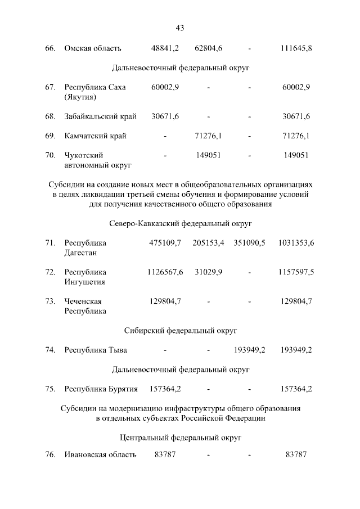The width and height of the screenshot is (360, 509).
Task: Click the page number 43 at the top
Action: (x=180, y=28)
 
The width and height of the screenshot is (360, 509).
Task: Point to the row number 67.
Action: (x=50, y=87)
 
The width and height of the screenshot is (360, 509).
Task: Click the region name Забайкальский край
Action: (x=101, y=116)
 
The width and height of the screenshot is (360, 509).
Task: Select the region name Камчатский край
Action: (x=95, y=136)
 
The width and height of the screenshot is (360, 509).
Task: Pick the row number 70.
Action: (x=50, y=155)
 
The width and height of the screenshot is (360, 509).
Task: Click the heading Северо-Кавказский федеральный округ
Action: (x=180, y=223)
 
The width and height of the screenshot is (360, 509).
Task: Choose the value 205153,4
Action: (x=208, y=242)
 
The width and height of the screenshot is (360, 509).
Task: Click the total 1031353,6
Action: (x=296, y=242)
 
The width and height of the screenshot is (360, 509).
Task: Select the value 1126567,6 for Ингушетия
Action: (x=165, y=272)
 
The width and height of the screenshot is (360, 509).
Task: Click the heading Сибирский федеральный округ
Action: (x=180, y=330)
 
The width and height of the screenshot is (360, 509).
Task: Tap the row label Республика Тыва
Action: (x=96, y=350)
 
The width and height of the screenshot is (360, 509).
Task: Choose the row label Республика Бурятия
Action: (x=101, y=389)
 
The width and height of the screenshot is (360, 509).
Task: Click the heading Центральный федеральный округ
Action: (x=180, y=437)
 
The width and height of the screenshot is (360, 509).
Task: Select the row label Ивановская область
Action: (x=100, y=454)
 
